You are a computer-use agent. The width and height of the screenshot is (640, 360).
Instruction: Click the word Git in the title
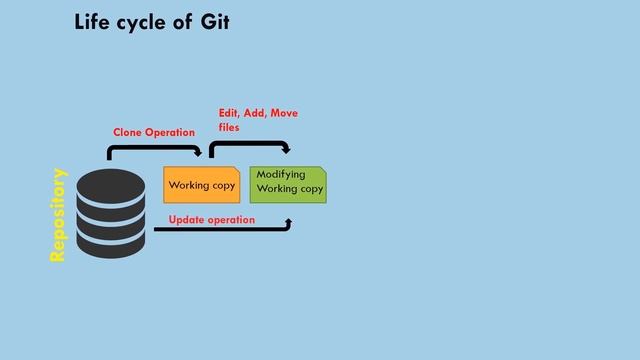[215, 21]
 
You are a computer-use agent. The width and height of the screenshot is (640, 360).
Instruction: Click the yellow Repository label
[58, 216]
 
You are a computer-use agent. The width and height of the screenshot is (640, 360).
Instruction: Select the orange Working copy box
[201, 185]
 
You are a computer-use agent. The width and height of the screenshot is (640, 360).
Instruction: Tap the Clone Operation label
[153, 132]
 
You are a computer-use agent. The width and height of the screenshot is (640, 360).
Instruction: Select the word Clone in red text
[127, 132]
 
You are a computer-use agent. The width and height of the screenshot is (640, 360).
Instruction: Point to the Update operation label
[211, 219]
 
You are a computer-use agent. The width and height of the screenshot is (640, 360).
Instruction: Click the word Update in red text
[188, 219]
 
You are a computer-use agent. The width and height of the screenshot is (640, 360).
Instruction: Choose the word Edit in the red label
[229, 113]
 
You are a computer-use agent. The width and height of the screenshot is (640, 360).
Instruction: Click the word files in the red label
[229, 128]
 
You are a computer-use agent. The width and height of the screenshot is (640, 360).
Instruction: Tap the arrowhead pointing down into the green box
[289, 151]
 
